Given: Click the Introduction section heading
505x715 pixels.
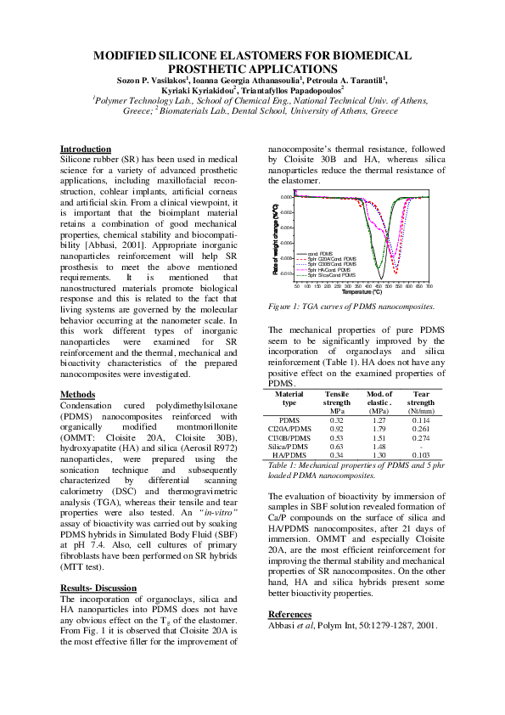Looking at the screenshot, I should click(86, 149).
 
